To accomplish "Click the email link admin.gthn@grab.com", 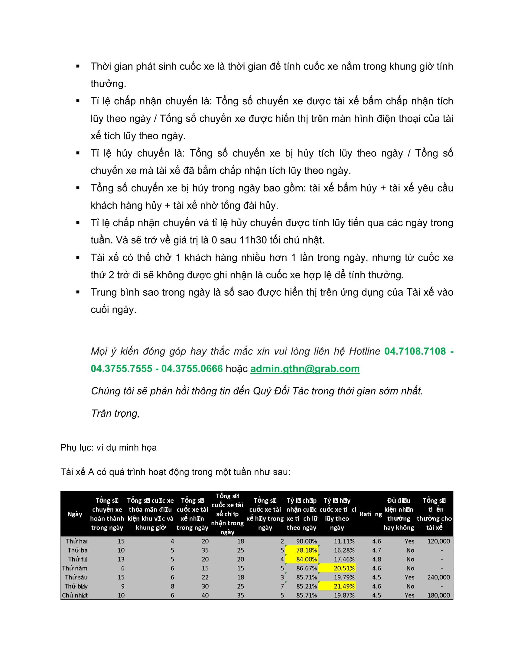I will tap(304, 369).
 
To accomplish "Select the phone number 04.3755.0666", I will tap(192, 369).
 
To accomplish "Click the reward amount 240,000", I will tap(438, 577).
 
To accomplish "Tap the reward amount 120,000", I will tap(438, 541).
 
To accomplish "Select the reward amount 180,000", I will tap(438, 595).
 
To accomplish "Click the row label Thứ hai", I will tap(77, 541).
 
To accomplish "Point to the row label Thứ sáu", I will tap(76, 577).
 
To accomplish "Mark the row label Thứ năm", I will tap(75, 568).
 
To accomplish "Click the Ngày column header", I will tap(75, 514).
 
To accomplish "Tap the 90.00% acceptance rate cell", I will tap(306, 541).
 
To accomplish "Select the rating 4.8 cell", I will tap(376, 559).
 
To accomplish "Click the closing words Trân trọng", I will tap(115, 413).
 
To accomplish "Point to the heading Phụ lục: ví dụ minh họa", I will tap(109, 448).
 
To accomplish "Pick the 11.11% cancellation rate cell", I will tap(344, 541).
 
